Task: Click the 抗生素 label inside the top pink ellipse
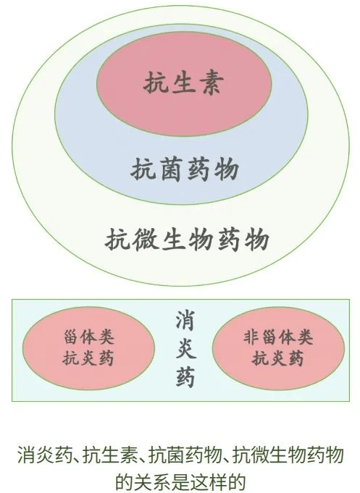click(183, 83)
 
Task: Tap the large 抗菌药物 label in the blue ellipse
click(185, 169)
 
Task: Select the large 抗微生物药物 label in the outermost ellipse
click(187, 240)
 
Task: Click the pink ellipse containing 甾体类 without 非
click(88, 348)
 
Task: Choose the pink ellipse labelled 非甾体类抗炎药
click(278, 348)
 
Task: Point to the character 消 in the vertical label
click(185, 321)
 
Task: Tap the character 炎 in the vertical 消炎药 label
click(185, 348)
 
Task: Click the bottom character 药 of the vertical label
click(185, 376)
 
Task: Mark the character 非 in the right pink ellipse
click(251, 337)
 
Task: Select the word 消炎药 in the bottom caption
click(45, 455)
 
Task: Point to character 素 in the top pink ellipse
click(212, 83)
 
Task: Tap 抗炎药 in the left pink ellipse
click(88, 358)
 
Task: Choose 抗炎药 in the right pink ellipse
click(277, 358)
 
